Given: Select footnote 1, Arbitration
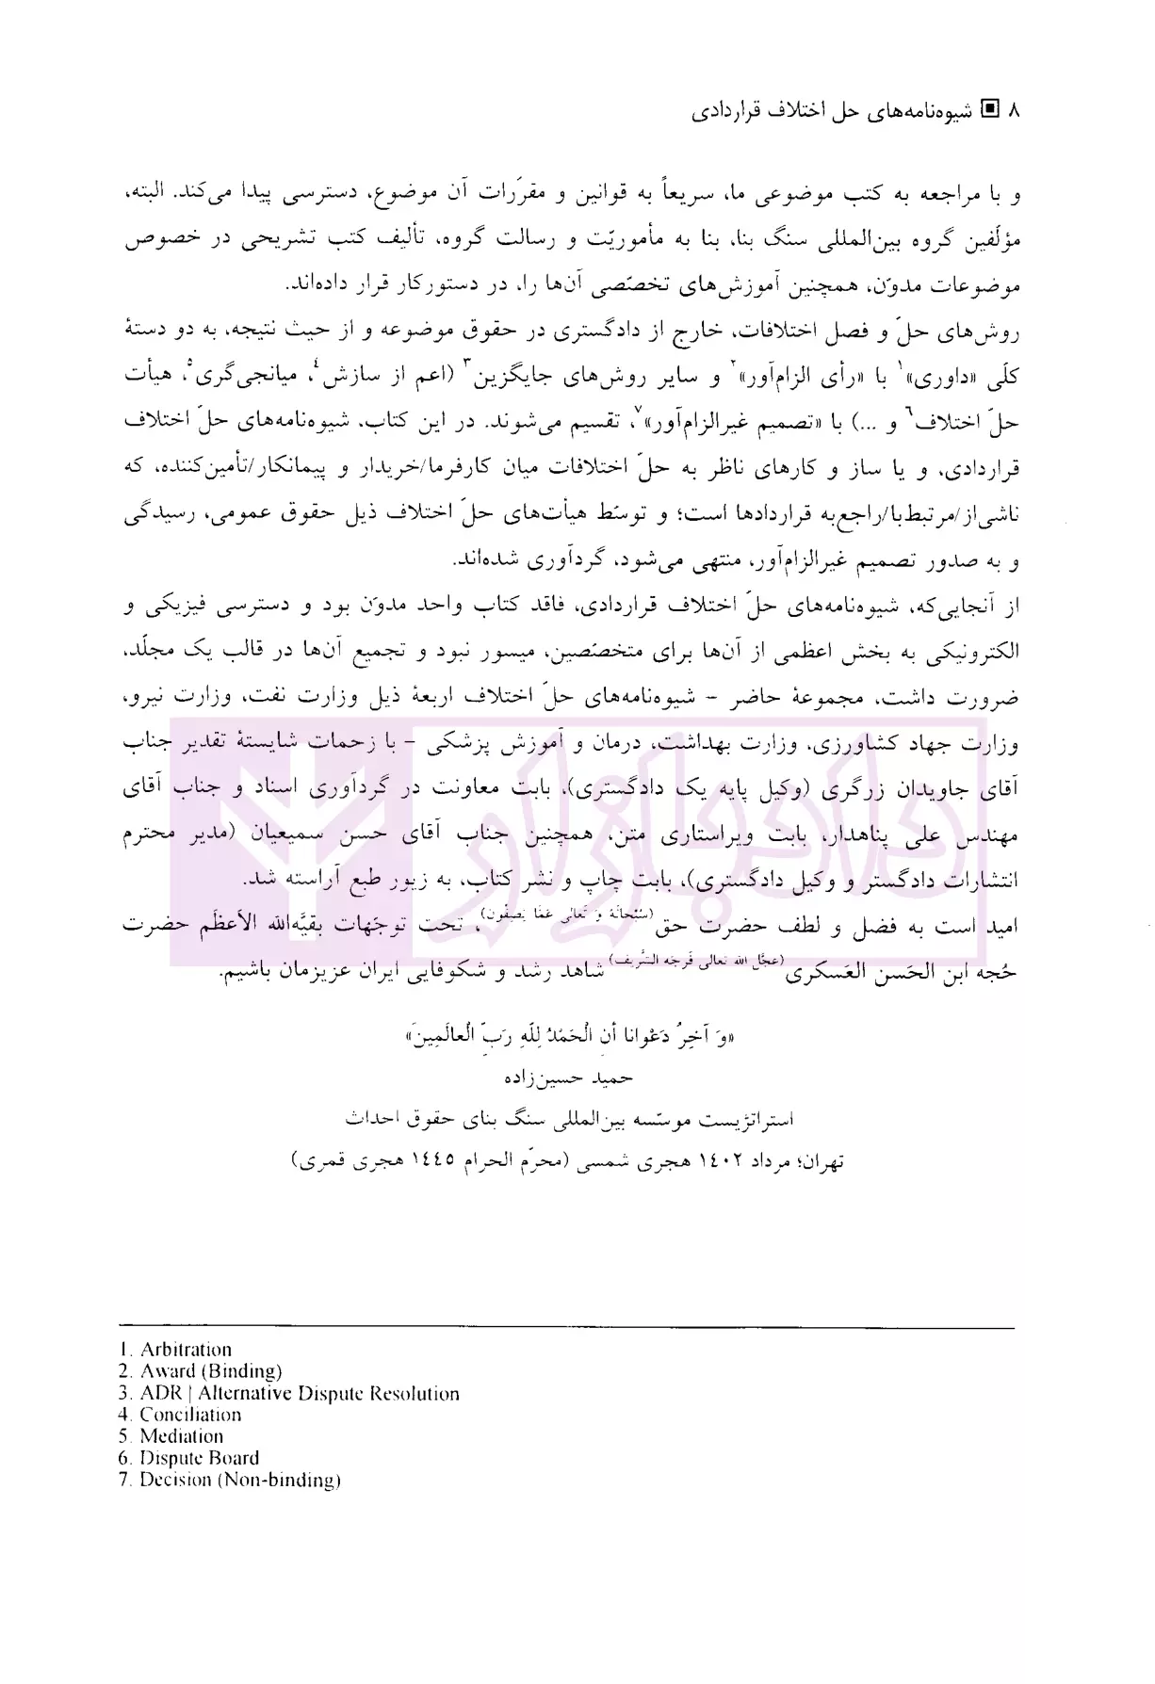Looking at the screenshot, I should (x=185, y=1350).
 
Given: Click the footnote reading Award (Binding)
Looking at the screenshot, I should (x=210, y=1371).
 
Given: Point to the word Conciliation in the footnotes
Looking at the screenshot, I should (x=190, y=1415).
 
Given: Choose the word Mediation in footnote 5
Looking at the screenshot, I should (x=181, y=1436).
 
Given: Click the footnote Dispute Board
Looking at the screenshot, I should (x=199, y=1458).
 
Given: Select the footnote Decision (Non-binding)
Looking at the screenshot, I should (x=239, y=1480).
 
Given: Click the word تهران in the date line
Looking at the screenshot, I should (x=821, y=1162).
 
